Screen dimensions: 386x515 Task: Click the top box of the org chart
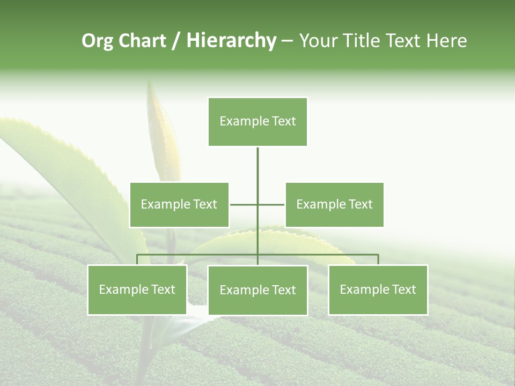[x=257, y=122]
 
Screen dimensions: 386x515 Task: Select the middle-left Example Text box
[x=179, y=205]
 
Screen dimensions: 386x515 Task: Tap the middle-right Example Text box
[x=334, y=205]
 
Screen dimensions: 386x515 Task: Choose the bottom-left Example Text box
[x=137, y=290]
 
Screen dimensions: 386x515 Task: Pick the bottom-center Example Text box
[x=257, y=291]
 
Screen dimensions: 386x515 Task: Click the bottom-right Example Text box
[x=378, y=290]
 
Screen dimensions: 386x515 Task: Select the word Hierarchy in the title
[x=231, y=41]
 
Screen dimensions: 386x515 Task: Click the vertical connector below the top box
[x=257, y=172]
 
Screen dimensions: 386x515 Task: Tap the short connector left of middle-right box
[x=272, y=204]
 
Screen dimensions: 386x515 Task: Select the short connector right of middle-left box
[x=243, y=204]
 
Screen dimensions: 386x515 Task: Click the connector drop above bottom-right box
[x=378, y=260]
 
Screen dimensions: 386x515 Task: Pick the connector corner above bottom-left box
[x=138, y=256]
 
